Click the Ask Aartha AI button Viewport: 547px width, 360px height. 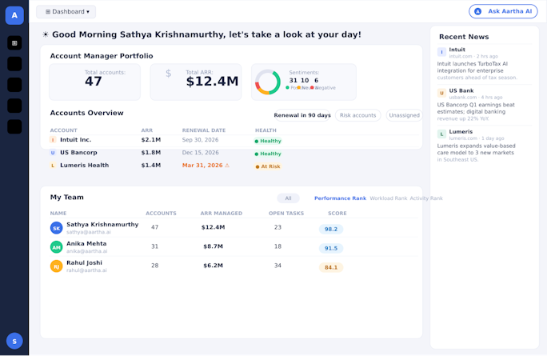click(503, 11)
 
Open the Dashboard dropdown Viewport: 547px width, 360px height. click(66, 12)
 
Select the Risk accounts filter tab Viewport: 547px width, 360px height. click(357, 115)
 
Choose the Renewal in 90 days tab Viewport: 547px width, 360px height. click(301, 115)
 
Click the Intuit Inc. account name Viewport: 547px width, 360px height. click(76, 140)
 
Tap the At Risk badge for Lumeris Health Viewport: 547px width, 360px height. click(268, 166)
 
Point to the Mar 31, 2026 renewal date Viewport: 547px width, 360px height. click(202, 166)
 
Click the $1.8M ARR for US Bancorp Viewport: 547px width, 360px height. click(150, 153)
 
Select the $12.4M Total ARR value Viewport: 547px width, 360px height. click(212, 81)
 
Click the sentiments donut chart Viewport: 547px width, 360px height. click(267, 82)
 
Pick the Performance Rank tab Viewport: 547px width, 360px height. click(340, 198)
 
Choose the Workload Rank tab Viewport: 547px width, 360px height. click(388, 198)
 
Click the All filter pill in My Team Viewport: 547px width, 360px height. click(288, 198)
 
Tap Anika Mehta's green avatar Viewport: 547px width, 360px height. click(56, 247)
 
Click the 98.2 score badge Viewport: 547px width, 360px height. click(331, 229)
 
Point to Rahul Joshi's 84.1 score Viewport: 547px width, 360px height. click(331, 267)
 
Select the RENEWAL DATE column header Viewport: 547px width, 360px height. click(204, 130)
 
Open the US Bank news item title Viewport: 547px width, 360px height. click(461, 91)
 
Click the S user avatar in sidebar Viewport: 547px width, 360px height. click(14, 341)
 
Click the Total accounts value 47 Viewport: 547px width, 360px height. click(94, 82)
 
